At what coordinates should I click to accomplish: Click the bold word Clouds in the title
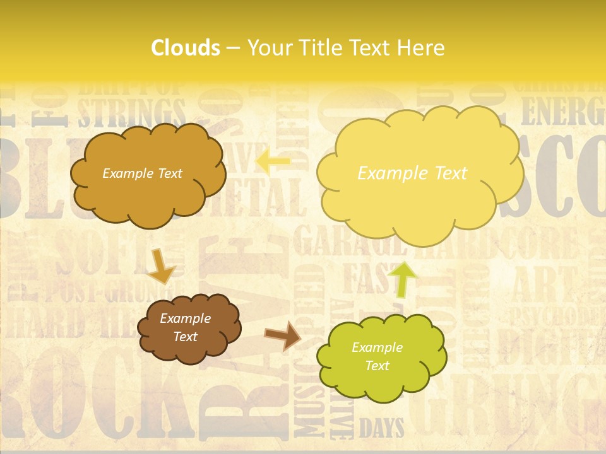[186, 48]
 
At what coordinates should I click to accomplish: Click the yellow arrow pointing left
[273, 161]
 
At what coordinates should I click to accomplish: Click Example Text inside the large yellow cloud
[412, 173]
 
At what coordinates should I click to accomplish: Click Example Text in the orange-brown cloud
[142, 173]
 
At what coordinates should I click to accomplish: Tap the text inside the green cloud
[377, 356]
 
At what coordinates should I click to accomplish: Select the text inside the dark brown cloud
[185, 328]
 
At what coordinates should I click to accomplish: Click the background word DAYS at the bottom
[381, 429]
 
